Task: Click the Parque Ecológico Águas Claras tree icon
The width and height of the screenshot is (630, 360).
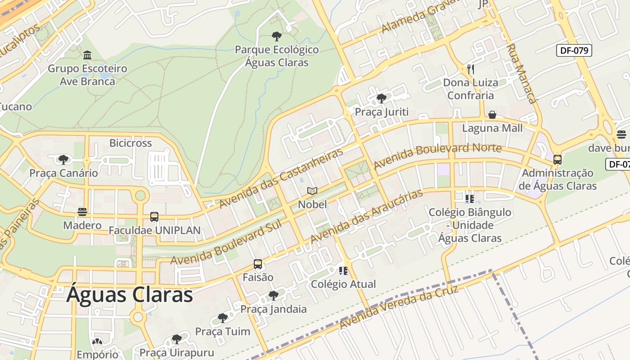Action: [x=277, y=36]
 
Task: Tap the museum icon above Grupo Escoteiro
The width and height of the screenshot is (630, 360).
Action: [x=87, y=55]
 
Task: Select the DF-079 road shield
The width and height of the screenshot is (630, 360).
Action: [x=574, y=50]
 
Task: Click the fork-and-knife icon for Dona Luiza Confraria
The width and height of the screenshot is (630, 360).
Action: [x=471, y=69]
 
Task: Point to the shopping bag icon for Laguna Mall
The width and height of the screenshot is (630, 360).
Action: [x=492, y=115]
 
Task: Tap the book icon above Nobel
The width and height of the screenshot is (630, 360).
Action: [x=312, y=191]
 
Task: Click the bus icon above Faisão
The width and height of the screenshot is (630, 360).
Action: [x=258, y=264]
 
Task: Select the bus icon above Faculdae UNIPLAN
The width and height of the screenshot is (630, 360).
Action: [x=154, y=217]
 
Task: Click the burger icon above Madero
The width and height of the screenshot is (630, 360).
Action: [x=82, y=211]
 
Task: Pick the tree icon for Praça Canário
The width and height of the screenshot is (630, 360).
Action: [x=63, y=159]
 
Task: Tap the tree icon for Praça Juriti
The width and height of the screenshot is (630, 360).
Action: [x=382, y=98]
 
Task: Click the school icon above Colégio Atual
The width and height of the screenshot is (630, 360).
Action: [x=343, y=270]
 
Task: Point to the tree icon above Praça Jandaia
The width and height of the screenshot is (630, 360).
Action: [x=273, y=296]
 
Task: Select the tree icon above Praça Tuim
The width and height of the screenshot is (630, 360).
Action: [x=222, y=318]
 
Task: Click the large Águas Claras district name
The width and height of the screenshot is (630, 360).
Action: [x=130, y=295]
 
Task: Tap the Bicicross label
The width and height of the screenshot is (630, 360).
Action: [x=130, y=143]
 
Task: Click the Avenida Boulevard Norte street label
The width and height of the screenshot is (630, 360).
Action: [x=437, y=156]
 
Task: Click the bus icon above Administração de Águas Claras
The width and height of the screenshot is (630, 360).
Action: [x=558, y=159]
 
